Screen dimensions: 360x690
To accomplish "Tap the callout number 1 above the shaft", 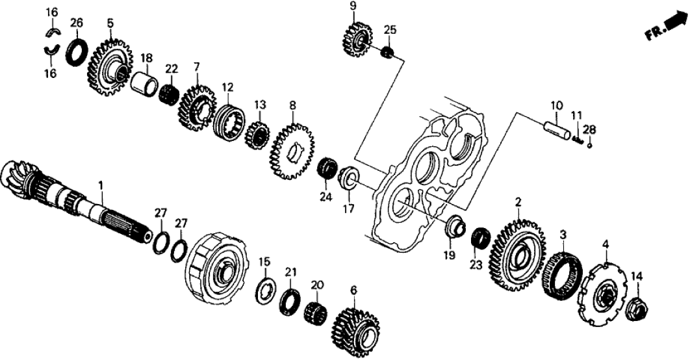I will [x=101, y=186].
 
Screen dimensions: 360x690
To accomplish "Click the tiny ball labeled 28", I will [x=588, y=145].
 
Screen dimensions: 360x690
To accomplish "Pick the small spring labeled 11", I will [x=578, y=138].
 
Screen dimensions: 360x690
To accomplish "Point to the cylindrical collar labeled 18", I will [x=146, y=84].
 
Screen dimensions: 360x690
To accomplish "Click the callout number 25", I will [x=389, y=30].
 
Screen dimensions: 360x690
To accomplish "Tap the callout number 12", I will [x=227, y=86].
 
